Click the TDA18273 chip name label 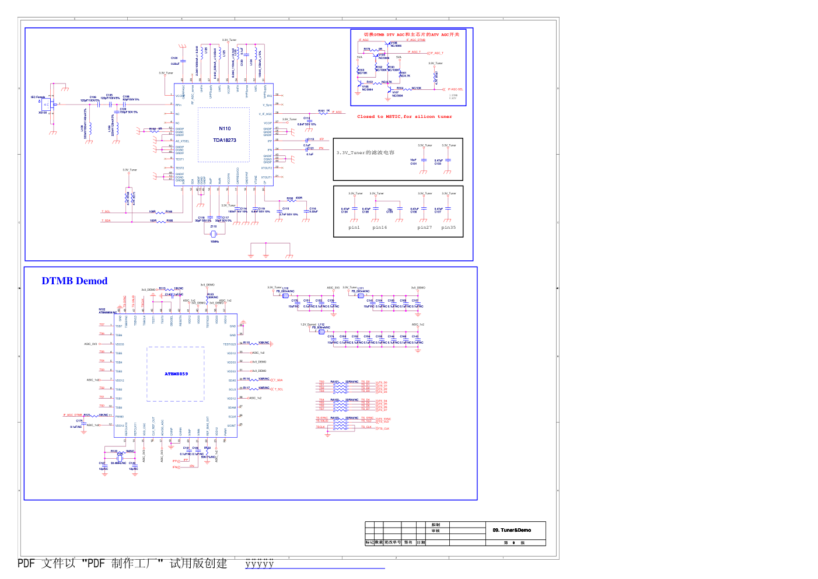[225, 140]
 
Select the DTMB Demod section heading [75, 281]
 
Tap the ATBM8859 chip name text [176, 374]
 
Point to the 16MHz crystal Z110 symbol [214, 233]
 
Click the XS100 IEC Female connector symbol [52, 105]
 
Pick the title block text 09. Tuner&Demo [512, 530]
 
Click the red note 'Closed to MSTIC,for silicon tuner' [404, 117]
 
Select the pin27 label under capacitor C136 [425, 228]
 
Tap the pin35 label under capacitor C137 [449, 228]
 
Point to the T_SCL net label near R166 [106, 212]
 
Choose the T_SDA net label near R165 [106, 221]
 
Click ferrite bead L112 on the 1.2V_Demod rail [321, 332]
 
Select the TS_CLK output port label [384, 428]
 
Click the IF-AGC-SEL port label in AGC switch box [456, 89]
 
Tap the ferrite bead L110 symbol [285, 295]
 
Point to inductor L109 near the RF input [90, 131]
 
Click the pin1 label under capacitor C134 [354, 228]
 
